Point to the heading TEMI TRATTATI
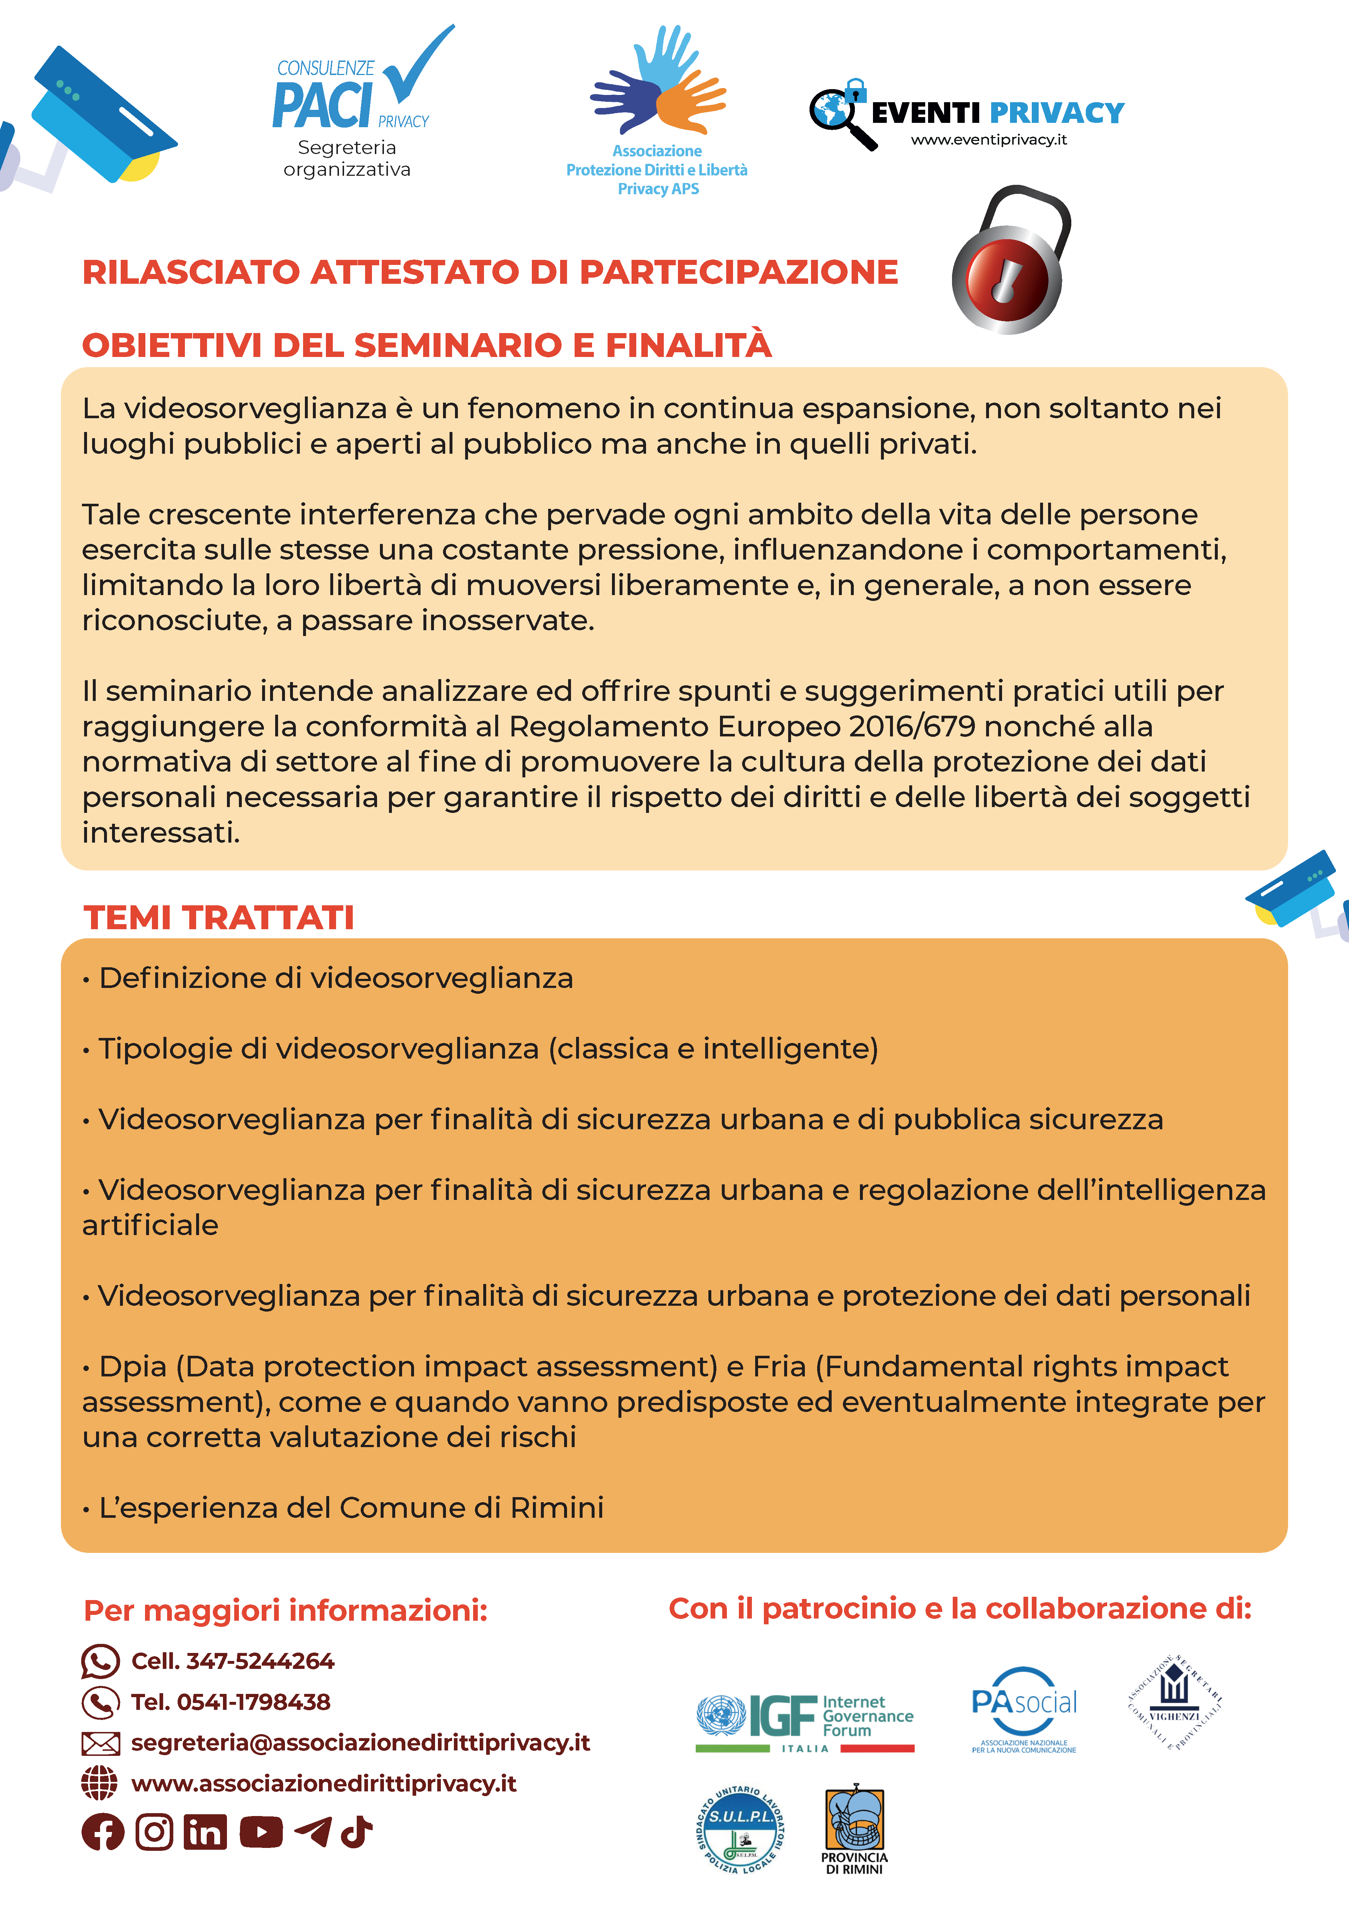pos(219,918)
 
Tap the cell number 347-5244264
pos(260,1661)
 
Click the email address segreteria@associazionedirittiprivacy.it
pos(360,1742)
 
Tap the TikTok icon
pos(357,1831)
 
